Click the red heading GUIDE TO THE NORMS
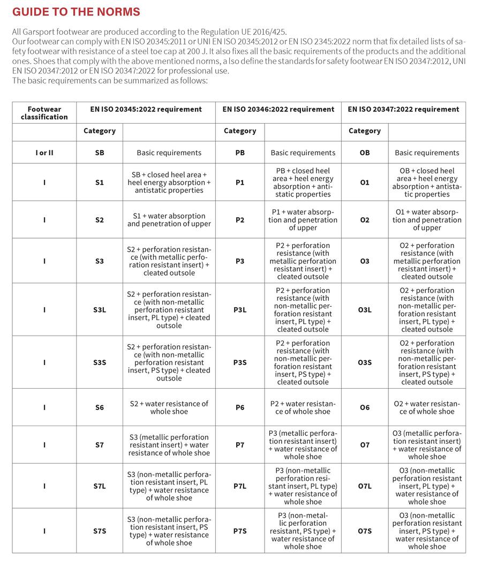point(76,11)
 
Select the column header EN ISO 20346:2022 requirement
point(278,109)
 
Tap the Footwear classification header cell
point(44,113)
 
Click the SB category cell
point(100,153)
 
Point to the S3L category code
point(100,310)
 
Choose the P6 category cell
point(240,407)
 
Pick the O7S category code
point(365,531)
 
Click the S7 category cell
point(100,445)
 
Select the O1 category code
point(365,183)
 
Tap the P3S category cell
point(240,362)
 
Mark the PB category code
point(240,153)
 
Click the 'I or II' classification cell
point(44,153)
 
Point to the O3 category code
point(365,261)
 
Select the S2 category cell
point(100,220)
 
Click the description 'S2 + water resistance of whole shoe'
point(169,407)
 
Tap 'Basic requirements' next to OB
point(427,153)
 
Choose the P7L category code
point(240,486)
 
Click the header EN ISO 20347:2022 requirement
point(403,109)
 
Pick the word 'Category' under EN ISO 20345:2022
point(100,131)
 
